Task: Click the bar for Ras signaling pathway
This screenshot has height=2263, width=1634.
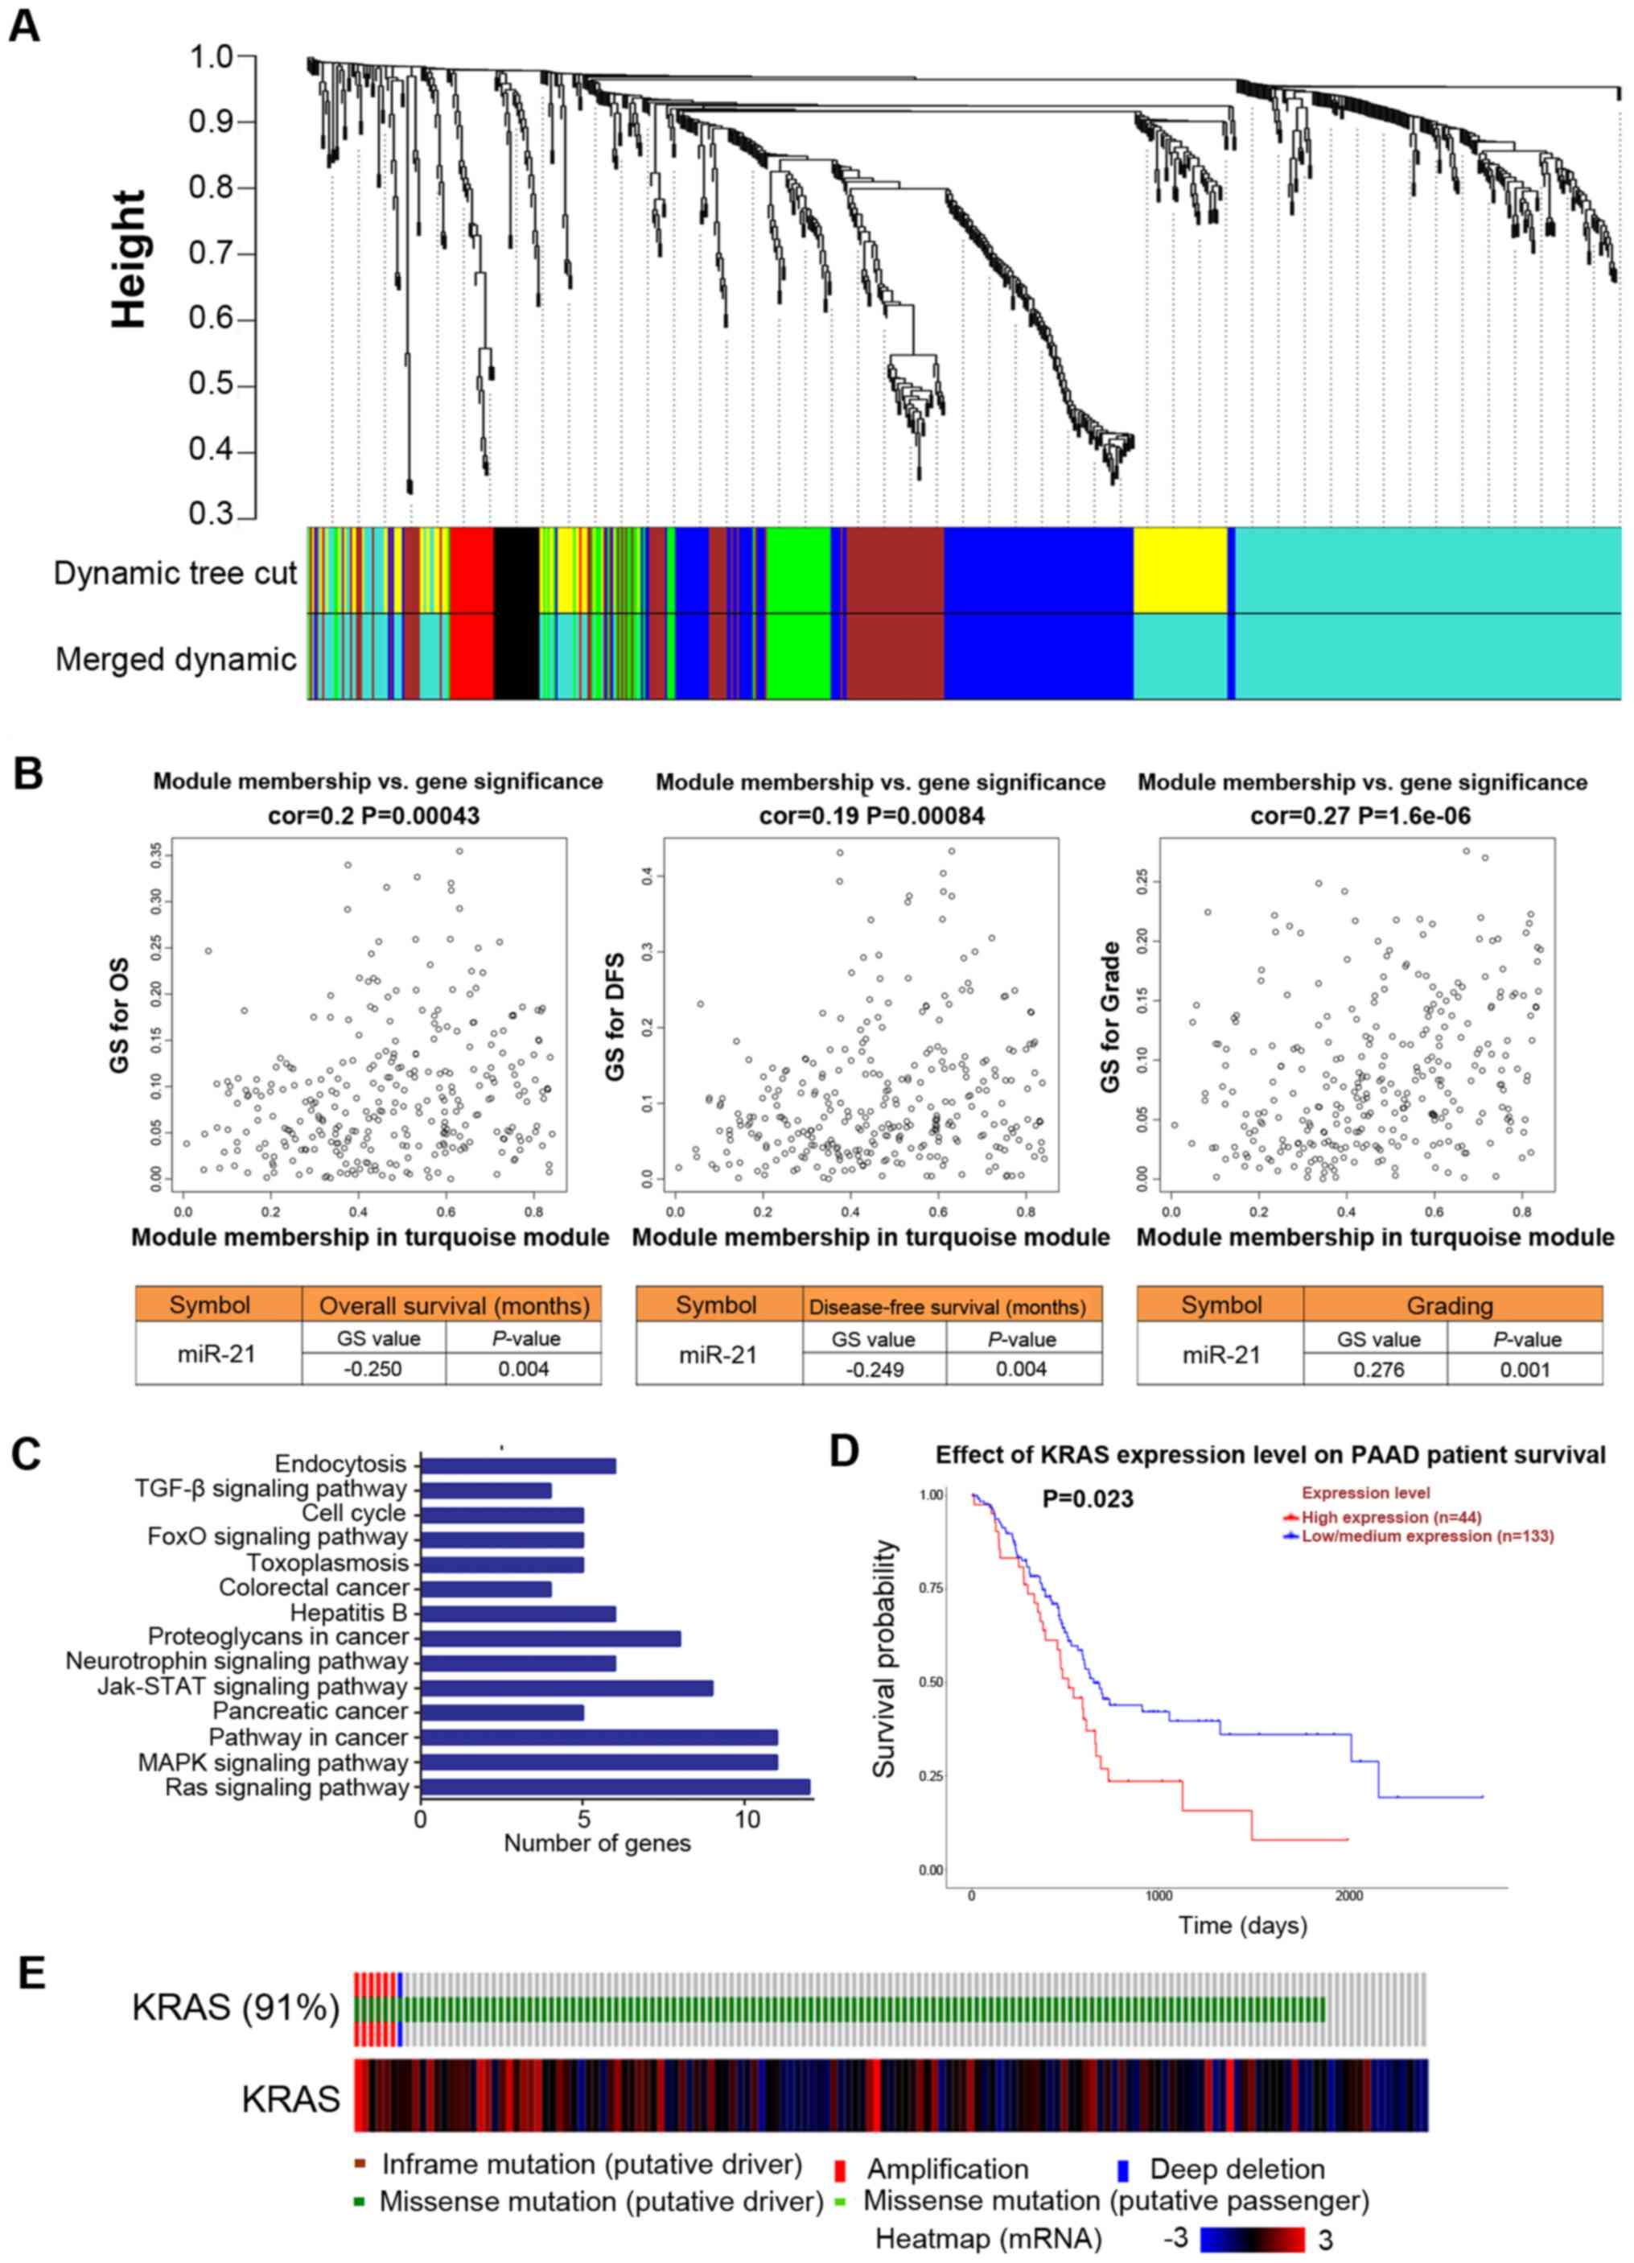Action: coord(615,1786)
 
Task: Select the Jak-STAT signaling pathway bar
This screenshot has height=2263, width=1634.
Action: coord(566,1686)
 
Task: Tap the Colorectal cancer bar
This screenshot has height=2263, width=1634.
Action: coord(486,1588)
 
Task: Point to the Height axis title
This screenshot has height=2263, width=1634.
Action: coord(129,259)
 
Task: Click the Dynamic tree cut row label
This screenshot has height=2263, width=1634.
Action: coord(175,574)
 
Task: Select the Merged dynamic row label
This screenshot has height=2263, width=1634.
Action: coord(175,660)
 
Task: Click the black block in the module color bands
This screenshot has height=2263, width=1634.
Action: coord(516,612)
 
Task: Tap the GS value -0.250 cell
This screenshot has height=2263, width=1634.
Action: coord(373,1369)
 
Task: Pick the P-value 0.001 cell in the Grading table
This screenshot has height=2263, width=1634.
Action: coord(1525,1370)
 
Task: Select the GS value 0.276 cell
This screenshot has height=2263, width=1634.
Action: coord(1375,1370)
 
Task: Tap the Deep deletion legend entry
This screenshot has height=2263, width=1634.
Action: coord(1237,2169)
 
